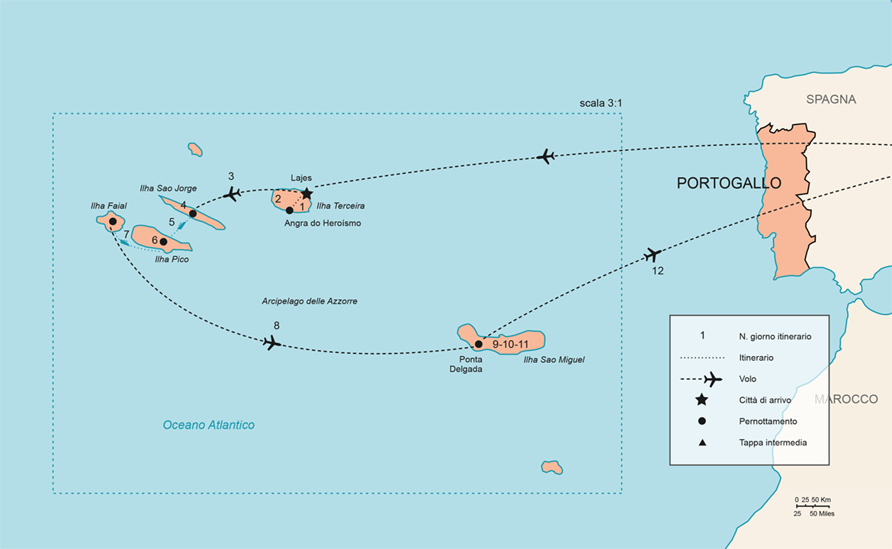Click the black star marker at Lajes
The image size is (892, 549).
306,194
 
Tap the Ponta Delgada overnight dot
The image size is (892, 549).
479,344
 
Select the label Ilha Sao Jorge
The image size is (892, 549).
168,188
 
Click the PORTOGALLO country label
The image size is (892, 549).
729,184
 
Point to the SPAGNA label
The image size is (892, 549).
831,99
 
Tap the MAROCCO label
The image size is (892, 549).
845,400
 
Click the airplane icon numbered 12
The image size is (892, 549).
653,255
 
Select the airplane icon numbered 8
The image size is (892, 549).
272,342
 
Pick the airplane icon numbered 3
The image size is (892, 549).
233,194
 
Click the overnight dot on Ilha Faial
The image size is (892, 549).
112,222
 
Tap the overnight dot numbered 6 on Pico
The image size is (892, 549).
163,242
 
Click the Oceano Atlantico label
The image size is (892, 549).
208,425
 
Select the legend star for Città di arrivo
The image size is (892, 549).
701,400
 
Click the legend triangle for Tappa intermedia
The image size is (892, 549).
701,442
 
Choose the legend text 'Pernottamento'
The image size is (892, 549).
768,422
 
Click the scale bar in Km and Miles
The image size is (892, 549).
813,506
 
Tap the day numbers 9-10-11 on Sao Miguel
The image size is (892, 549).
511,345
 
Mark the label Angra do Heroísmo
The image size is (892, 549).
322,223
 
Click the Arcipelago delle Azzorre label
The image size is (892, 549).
309,301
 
